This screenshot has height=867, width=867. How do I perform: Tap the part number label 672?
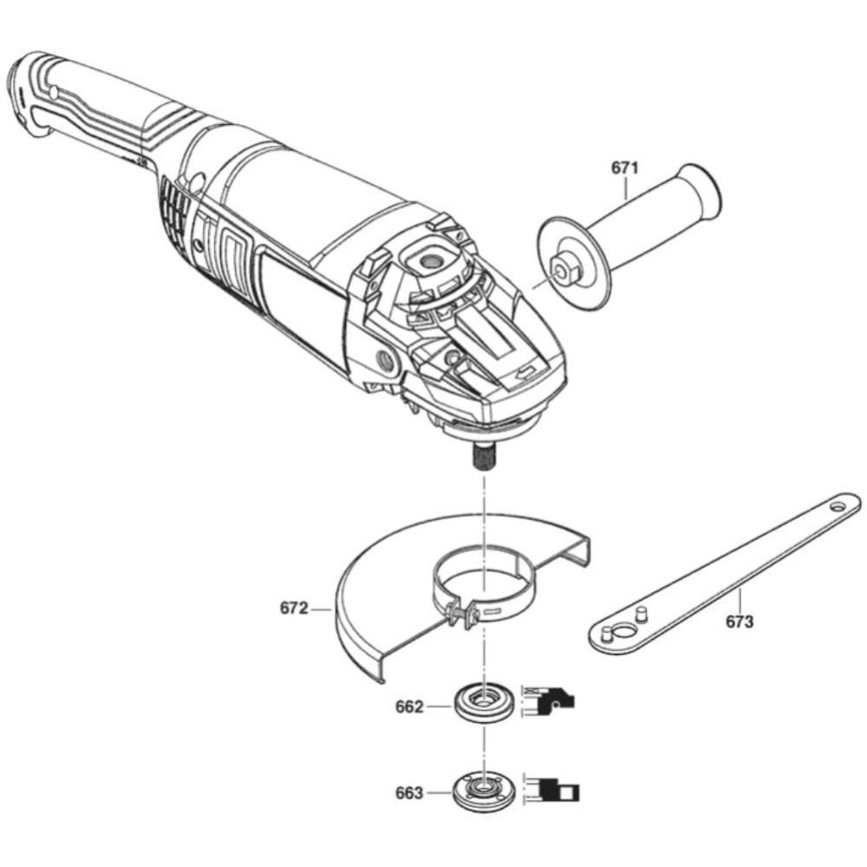click(294, 609)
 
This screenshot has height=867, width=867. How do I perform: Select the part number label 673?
click(740, 622)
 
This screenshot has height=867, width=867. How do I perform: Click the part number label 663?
click(408, 793)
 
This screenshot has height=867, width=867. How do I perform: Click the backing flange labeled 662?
click(483, 700)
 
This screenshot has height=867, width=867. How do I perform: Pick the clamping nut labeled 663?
click(482, 790)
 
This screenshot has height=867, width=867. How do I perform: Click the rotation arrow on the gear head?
click(525, 373)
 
